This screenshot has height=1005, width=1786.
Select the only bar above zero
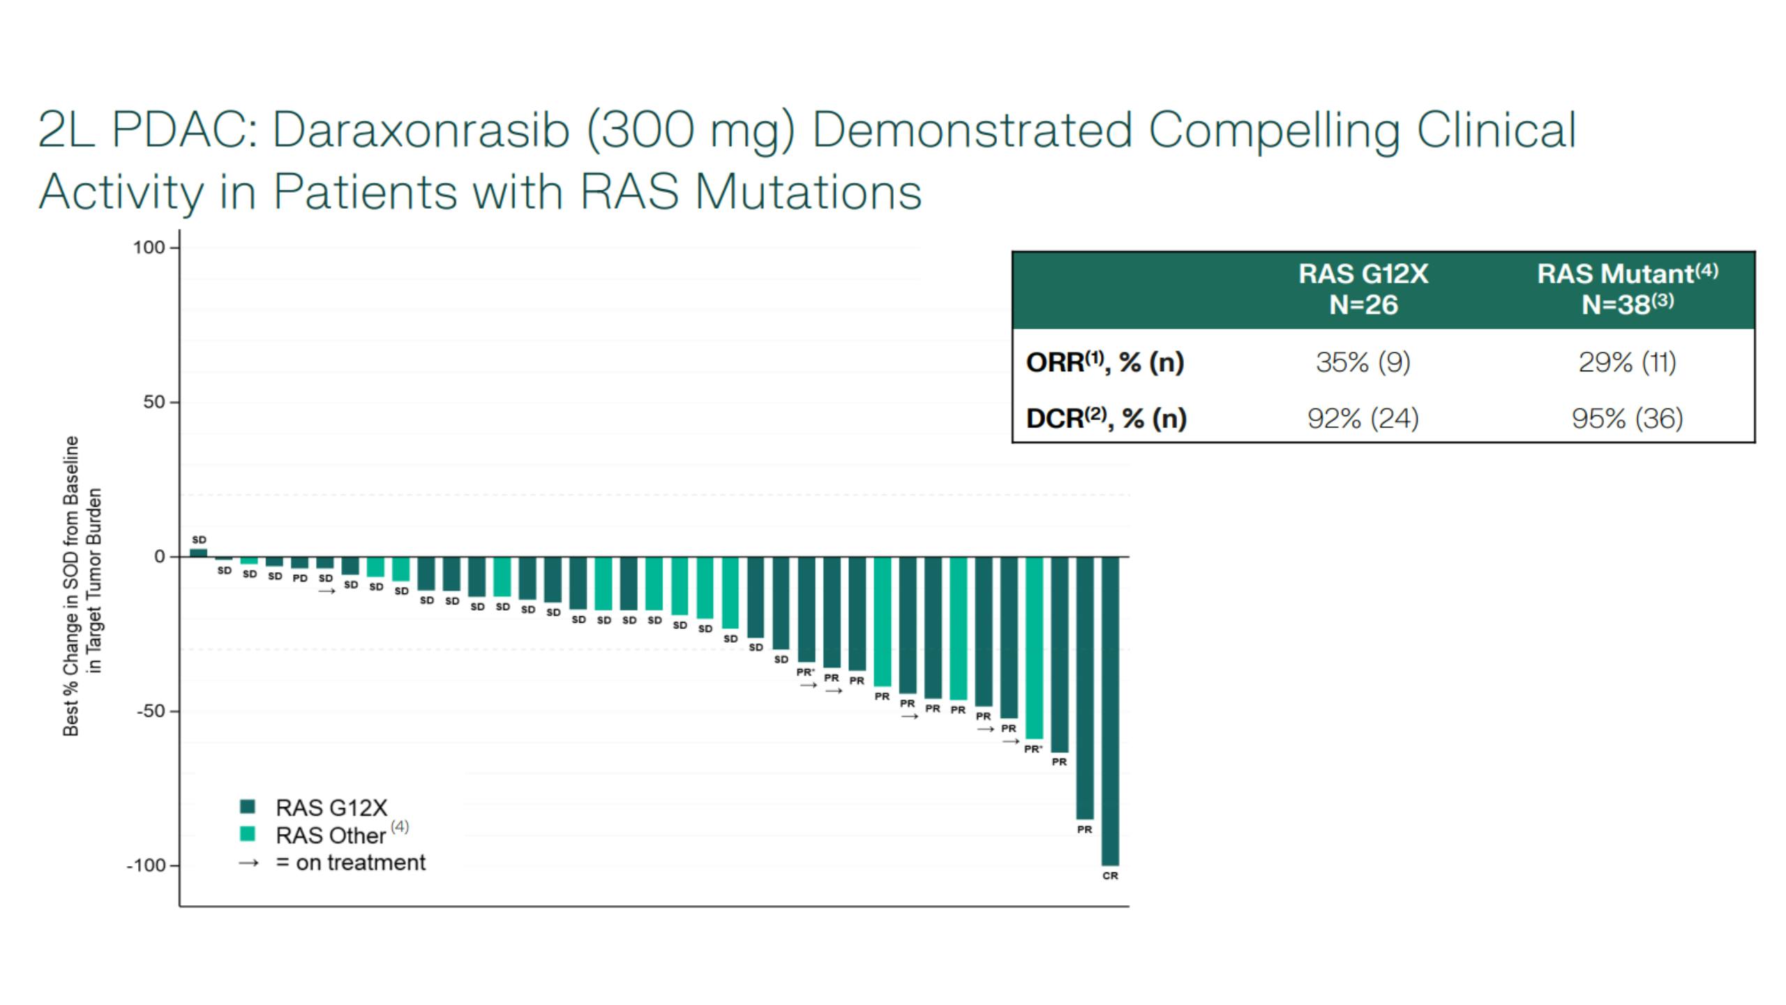pyautogui.click(x=199, y=553)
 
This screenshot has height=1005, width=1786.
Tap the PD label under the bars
pyautogui.click(x=300, y=579)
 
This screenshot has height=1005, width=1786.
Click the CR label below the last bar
pyautogui.click(x=1110, y=876)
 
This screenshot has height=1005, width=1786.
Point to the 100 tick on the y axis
pyautogui.click(x=149, y=247)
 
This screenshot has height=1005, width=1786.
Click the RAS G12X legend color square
pyautogui.click(x=248, y=807)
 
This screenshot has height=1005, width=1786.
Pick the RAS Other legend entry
pyautogui.click(x=330, y=835)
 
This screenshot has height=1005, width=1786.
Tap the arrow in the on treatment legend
pyautogui.click(x=248, y=863)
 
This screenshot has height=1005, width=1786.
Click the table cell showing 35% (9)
pyautogui.click(x=1363, y=362)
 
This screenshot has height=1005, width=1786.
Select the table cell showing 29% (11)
pyautogui.click(x=1627, y=362)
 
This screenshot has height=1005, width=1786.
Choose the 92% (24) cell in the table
pyautogui.click(x=1363, y=418)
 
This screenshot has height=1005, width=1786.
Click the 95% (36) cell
pyautogui.click(x=1627, y=418)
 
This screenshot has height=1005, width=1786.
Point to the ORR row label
pyautogui.click(x=1104, y=362)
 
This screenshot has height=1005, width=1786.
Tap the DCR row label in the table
pyautogui.click(x=1106, y=418)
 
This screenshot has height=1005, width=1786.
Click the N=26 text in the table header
pyautogui.click(x=1363, y=305)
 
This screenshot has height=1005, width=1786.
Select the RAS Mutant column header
pyautogui.click(x=1627, y=274)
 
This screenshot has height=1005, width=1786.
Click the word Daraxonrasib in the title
pyautogui.click(x=421, y=131)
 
